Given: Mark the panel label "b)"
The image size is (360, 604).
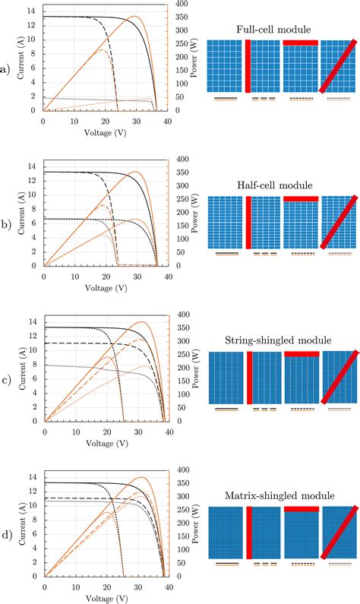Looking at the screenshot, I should click(7, 226).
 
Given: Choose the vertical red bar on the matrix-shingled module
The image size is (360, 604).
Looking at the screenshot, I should click(248, 533).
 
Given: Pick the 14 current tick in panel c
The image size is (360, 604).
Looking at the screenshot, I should click(32, 322).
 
